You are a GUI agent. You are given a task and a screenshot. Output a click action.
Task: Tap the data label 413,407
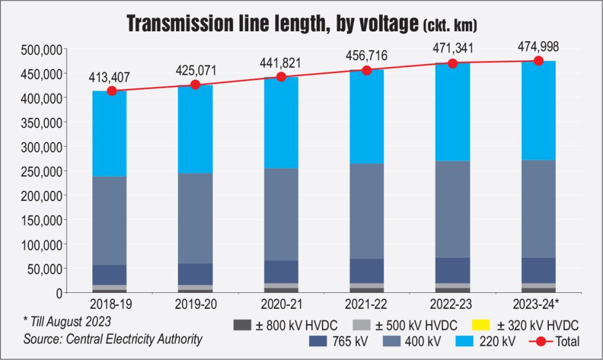tap(110, 77)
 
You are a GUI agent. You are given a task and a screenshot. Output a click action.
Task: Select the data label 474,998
tap(538, 47)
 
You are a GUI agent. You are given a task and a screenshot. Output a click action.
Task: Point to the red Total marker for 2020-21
tap(281, 77)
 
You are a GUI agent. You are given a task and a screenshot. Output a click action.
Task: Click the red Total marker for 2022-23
tap(452, 63)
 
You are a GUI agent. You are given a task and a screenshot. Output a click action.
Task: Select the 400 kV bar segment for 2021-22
tap(367, 211)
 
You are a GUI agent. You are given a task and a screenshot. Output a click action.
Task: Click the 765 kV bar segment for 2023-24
tap(538, 270)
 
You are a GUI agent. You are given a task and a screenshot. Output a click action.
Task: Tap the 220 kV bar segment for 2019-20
tap(195, 130)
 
